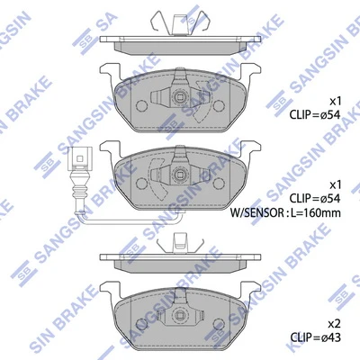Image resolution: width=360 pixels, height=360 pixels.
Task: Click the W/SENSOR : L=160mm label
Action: pyautogui.click(x=285, y=212)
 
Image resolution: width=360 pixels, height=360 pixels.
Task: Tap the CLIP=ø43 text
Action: pyautogui.click(x=315, y=337)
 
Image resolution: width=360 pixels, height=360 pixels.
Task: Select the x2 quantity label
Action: pyautogui.click(x=334, y=324)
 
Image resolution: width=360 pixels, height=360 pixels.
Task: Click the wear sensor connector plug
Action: pyautogui.click(x=79, y=157)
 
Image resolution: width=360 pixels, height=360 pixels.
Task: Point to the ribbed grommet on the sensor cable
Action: pyautogui.click(x=79, y=187)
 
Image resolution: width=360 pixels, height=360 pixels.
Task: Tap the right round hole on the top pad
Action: pyautogui.click(x=220, y=105)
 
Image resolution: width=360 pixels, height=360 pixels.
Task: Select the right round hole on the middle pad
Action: pyautogui.click(x=220, y=183)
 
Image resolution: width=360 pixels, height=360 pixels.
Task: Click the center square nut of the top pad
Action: pyautogui.click(x=180, y=97)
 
